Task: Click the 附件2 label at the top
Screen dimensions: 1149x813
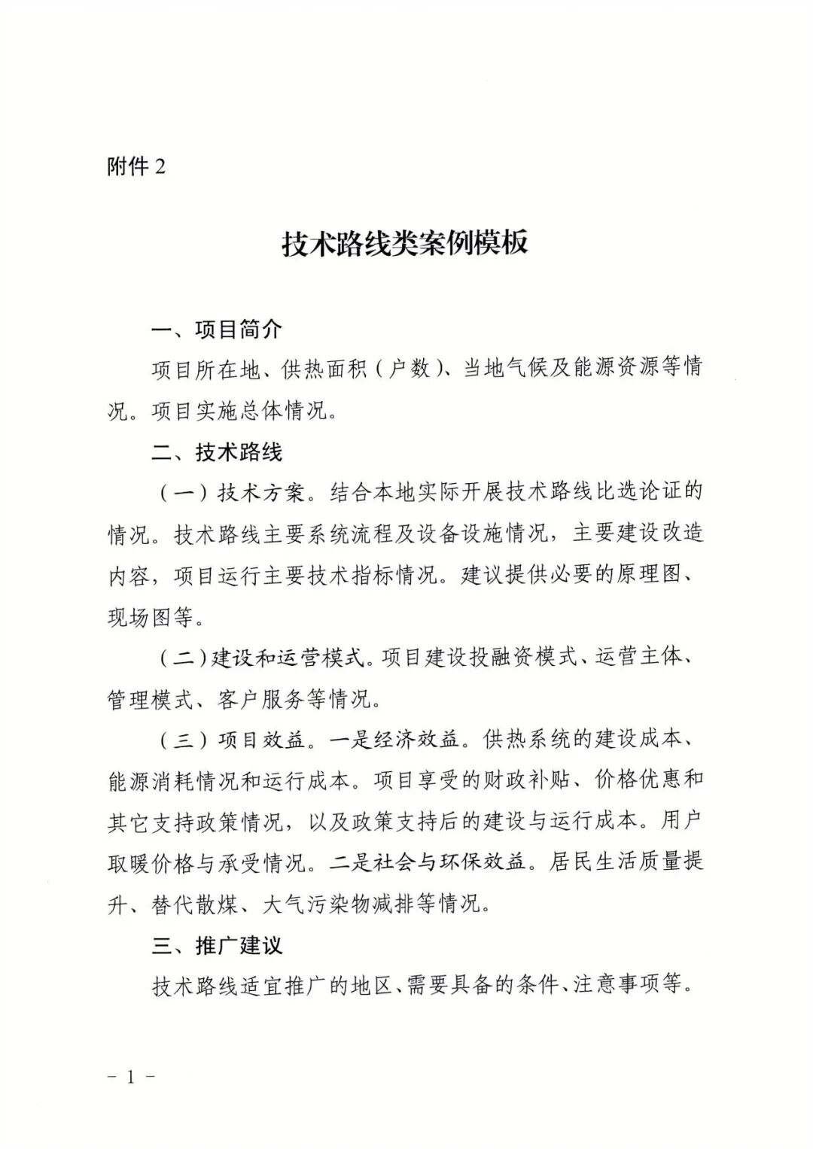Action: tap(135, 166)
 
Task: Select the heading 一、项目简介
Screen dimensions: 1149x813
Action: tap(217, 329)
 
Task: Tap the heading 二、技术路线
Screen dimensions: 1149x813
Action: tap(217, 452)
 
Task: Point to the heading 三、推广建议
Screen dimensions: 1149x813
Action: tap(217, 945)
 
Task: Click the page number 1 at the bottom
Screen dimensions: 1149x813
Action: tap(131, 1077)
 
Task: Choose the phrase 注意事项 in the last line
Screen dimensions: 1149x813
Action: tap(617, 986)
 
